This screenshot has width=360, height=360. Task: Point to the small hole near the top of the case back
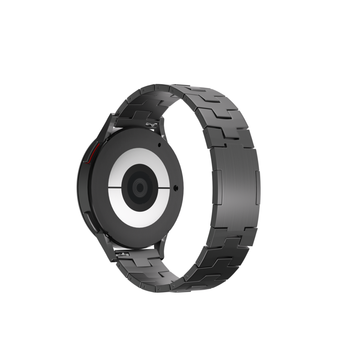[x=159, y=145]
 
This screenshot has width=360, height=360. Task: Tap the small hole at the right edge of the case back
[x=175, y=188]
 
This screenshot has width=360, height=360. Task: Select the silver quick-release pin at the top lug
[x=151, y=125]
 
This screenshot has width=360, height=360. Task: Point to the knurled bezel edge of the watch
[x=80, y=187]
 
